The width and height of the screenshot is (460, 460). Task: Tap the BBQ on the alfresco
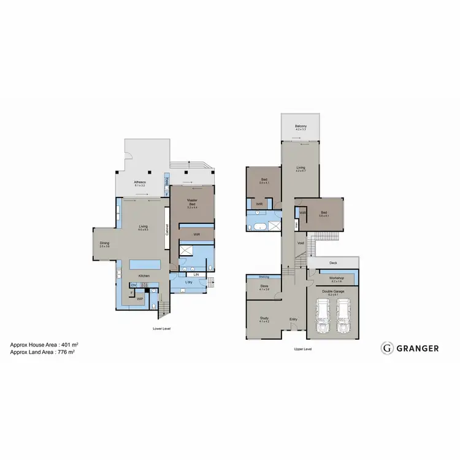click(x=167, y=181)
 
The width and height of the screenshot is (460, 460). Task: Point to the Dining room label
click(x=104, y=244)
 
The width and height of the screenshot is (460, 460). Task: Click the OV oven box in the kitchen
click(x=132, y=285)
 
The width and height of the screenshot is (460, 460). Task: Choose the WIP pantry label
click(x=140, y=299)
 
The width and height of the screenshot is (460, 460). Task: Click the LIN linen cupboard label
click(x=196, y=275)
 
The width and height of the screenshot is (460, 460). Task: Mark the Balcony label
click(x=301, y=127)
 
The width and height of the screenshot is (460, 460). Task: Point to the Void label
click(x=301, y=242)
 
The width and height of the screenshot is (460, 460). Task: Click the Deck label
click(x=333, y=263)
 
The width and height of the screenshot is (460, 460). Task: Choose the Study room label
click(x=264, y=318)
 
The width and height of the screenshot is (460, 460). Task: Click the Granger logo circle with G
click(x=387, y=348)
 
